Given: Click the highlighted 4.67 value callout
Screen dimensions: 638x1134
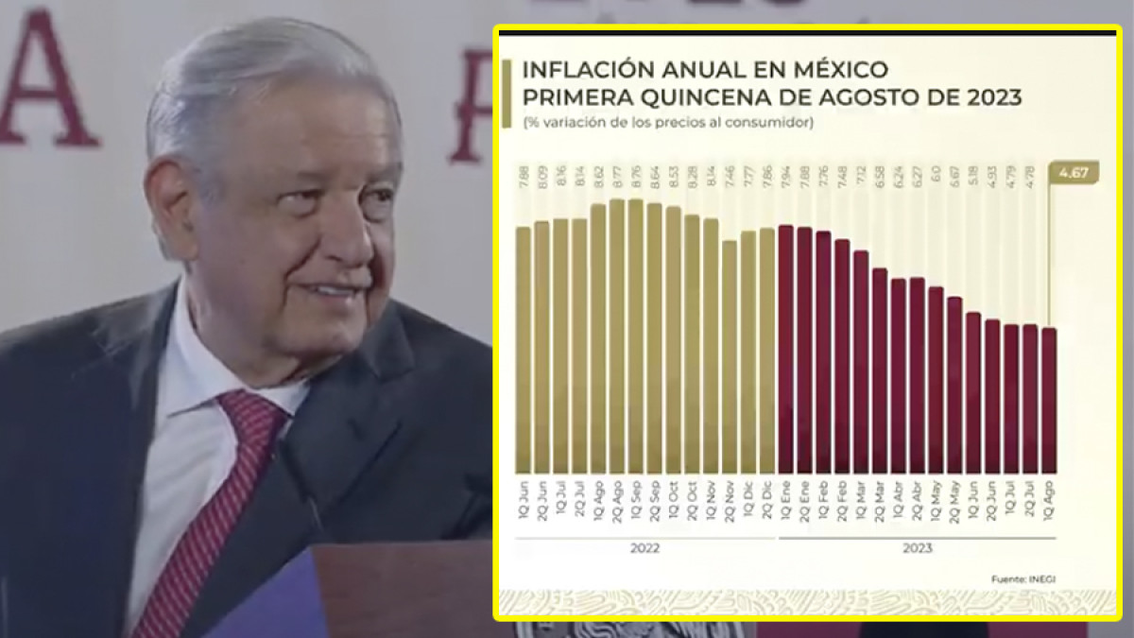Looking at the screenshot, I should (x=1074, y=173).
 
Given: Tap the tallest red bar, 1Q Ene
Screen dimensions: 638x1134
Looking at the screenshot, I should (x=785, y=349).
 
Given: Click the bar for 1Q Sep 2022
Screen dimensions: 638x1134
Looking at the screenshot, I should (x=635, y=336).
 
